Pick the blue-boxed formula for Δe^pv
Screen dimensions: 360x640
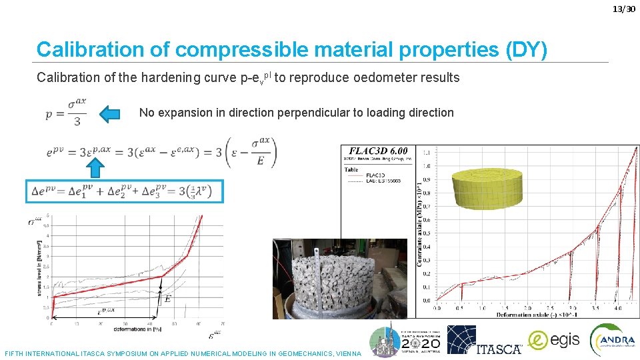click(125, 191)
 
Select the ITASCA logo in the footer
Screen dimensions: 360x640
click(484, 340)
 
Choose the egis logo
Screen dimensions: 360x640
click(554, 341)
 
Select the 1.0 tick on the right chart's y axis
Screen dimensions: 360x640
click(426, 166)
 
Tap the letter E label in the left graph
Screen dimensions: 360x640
click(167, 299)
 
